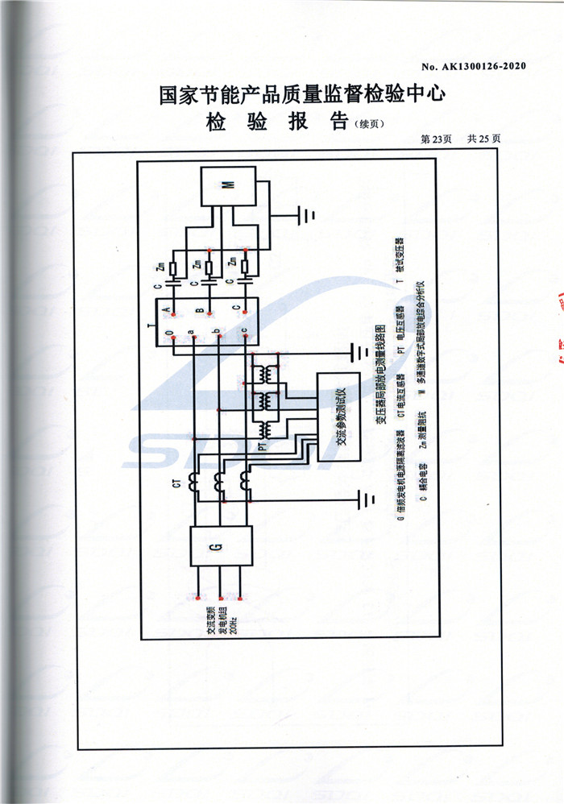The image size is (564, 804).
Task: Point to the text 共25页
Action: coord(483,139)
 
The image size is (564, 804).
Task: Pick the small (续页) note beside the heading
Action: coord(371,124)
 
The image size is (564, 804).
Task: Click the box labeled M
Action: coord(228,186)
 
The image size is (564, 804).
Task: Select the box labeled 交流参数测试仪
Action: coord(339,417)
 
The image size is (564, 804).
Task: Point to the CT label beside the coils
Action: coord(180,484)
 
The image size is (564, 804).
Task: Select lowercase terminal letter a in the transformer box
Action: coord(190,332)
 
